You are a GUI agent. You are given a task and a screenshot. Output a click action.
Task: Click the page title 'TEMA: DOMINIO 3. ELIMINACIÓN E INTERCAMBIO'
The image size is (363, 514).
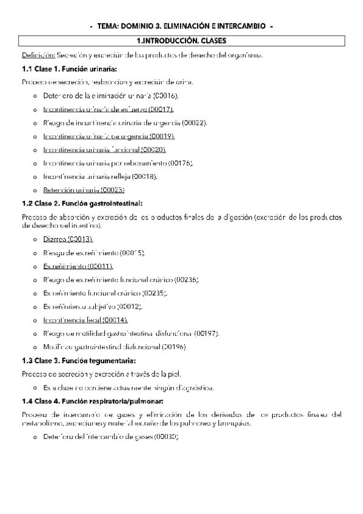coord(181,27)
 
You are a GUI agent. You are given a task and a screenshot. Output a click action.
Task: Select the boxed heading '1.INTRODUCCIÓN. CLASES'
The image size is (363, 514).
coord(181,41)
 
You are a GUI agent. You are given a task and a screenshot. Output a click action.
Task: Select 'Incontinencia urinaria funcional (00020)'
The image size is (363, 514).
coord(105,149)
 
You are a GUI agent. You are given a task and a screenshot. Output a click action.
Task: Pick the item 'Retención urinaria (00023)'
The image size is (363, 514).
coord(84,189)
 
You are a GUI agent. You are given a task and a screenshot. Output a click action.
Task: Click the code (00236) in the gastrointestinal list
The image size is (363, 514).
coord(185,279)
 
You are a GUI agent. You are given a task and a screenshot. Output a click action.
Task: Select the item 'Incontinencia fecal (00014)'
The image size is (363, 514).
coord(85,319)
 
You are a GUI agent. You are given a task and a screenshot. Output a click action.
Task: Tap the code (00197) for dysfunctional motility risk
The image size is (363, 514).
coord(204,333)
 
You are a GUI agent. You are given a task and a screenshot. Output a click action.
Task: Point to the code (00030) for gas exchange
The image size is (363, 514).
coord(165,436)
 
